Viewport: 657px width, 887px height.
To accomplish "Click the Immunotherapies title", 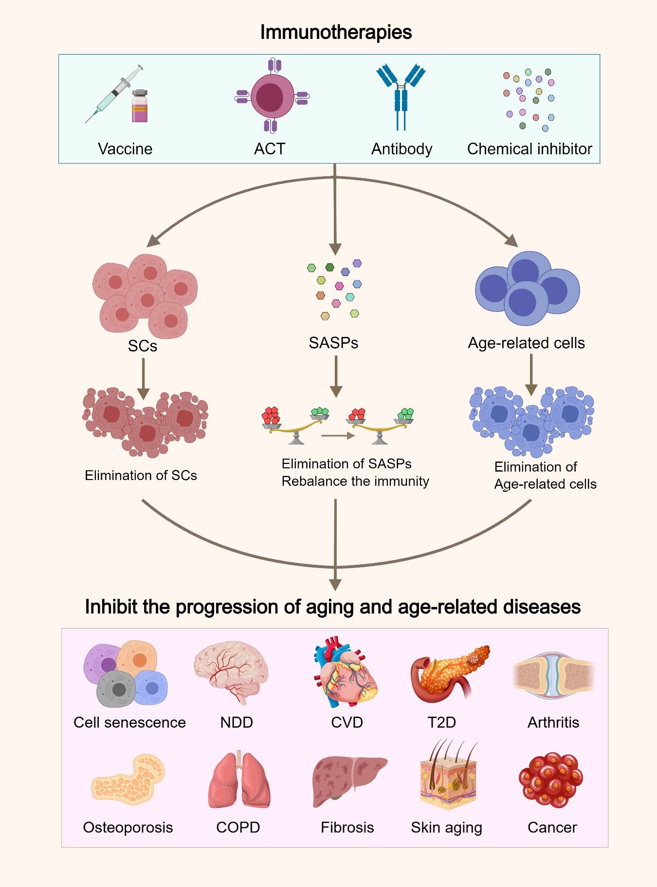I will point(336,32).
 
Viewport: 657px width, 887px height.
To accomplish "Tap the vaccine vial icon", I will point(140,106).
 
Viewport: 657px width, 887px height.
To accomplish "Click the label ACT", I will point(270,148).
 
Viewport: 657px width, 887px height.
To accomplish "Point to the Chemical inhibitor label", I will point(529,148).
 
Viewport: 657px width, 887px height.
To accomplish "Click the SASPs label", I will point(333,343).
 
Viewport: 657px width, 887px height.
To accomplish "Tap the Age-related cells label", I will point(526,343).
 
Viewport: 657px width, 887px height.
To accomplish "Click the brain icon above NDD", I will point(232,670).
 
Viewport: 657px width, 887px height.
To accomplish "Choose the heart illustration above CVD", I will point(345,672).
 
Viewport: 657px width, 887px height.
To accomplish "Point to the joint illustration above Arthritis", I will point(553,676).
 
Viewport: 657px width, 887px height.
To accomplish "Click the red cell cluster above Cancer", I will point(550,779).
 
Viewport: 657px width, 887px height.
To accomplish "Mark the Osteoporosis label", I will point(128,827).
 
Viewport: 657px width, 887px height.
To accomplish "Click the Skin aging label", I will point(446,827).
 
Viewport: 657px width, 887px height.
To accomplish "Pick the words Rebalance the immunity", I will point(355,481).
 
